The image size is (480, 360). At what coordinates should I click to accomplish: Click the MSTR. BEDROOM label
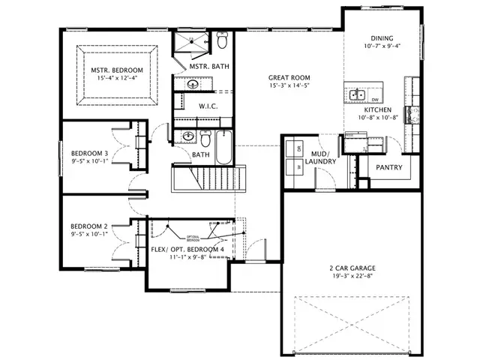pos(117,70)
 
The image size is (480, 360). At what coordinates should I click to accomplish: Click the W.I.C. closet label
pos(208,106)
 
